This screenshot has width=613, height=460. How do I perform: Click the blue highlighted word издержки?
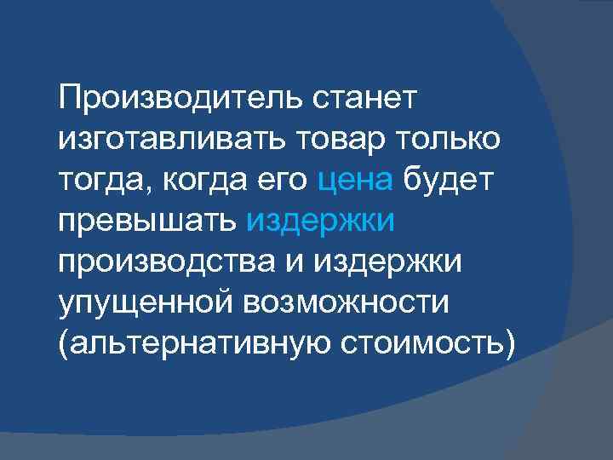[x=321, y=221]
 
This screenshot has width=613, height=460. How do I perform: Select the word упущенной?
[x=145, y=299]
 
